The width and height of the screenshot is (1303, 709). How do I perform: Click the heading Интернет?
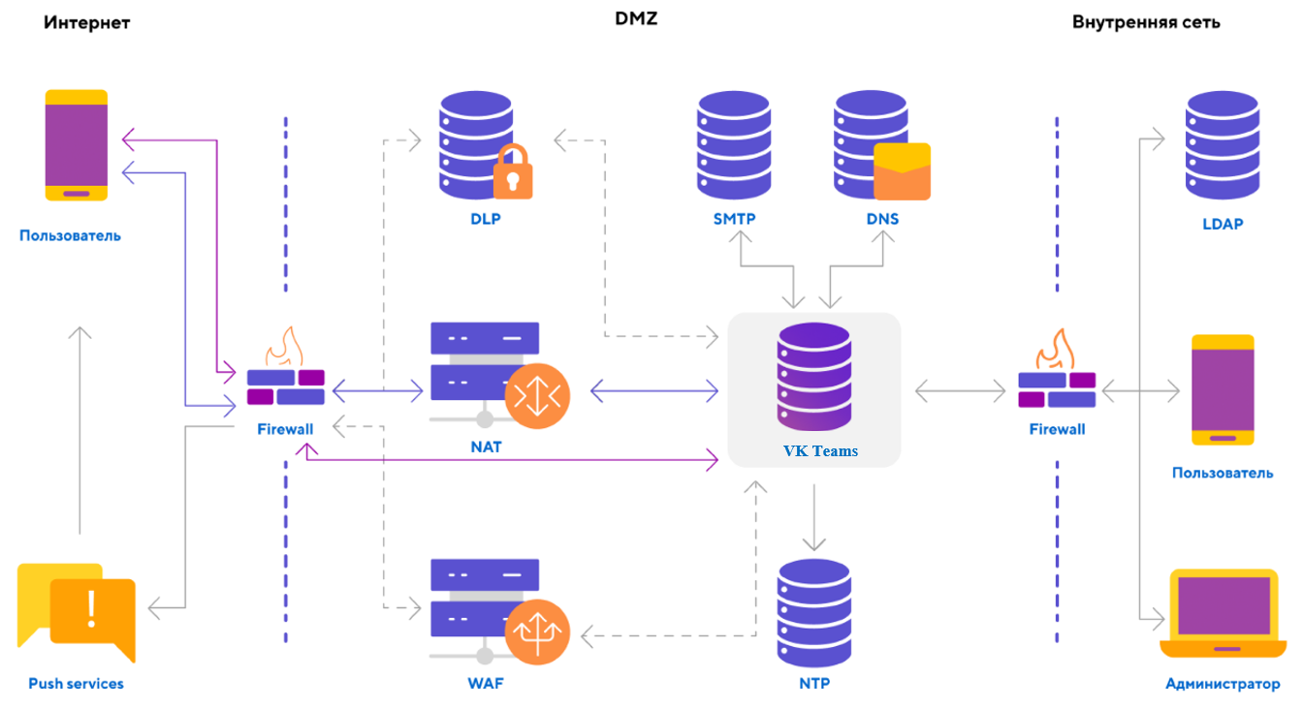86,22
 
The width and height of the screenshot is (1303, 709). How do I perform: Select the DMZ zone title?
636,18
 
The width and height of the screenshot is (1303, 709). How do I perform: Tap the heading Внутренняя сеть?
1146,22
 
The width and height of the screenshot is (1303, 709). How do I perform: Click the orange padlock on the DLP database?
514,172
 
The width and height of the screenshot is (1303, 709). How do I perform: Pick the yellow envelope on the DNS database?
902,171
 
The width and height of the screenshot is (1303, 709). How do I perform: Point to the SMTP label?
734,219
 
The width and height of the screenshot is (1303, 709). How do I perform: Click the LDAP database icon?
1222,143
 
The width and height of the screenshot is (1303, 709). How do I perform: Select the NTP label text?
814,683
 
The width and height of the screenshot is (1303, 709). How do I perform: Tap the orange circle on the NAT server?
537,395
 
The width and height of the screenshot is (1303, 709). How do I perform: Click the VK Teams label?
820,450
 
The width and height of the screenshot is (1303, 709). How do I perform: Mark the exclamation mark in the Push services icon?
92,607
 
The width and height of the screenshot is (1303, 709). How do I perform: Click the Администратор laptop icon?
1223,614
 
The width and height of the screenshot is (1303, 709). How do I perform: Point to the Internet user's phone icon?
77,145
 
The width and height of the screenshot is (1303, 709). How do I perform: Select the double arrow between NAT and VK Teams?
653,391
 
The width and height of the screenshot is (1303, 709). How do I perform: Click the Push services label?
76,684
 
